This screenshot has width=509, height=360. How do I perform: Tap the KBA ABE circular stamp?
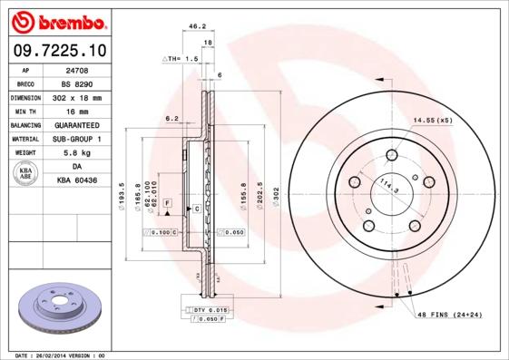point(26,174)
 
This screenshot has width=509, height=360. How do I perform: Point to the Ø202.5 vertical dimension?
point(260,192)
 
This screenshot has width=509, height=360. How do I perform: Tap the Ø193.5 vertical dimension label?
point(123,192)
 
